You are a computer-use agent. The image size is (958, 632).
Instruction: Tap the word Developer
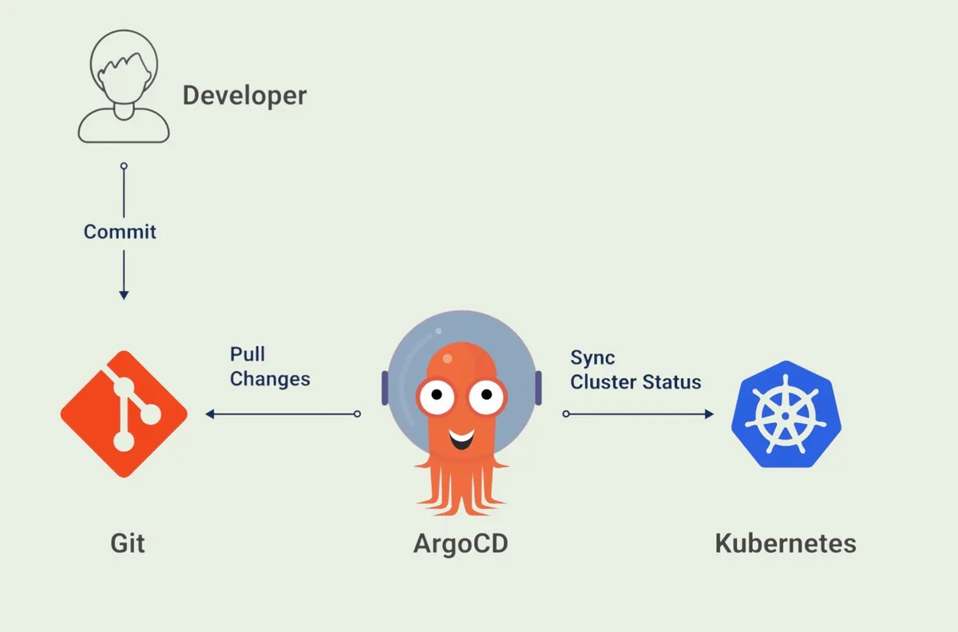pyautogui.click(x=244, y=96)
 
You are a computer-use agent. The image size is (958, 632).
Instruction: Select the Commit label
pyautogui.click(x=120, y=232)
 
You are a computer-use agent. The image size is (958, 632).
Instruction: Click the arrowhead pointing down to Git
pyautogui.click(x=124, y=294)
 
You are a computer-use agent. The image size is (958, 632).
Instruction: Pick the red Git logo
pyautogui.click(x=124, y=413)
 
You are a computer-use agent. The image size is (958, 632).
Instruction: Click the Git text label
pyautogui.click(x=128, y=543)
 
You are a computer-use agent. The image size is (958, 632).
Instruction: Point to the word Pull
pyautogui.click(x=247, y=354)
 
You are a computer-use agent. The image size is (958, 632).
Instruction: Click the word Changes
pyautogui.click(x=270, y=378)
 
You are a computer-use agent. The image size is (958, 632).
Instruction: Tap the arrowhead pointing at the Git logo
pyautogui.click(x=210, y=414)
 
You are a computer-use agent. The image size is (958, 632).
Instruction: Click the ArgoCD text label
pyautogui.click(x=461, y=543)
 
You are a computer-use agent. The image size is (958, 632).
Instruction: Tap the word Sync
pyautogui.click(x=592, y=357)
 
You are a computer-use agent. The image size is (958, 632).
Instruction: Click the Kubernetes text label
pyautogui.click(x=786, y=543)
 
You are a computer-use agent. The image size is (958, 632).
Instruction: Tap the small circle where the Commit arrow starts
pyautogui.click(x=124, y=166)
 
